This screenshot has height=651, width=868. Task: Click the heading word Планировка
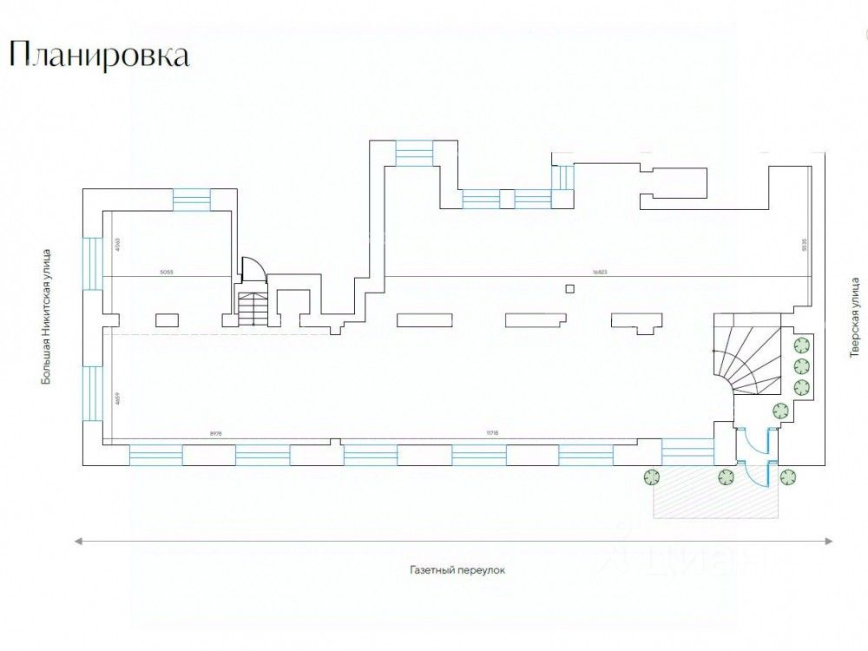98,56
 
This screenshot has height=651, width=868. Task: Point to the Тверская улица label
854,318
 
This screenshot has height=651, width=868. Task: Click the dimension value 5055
168,272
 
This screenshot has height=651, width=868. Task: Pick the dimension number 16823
599,272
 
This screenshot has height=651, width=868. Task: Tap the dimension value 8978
217,431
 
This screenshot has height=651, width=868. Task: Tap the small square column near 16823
569,289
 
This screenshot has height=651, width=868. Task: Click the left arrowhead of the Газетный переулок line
78,542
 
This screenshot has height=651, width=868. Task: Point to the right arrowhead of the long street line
830,542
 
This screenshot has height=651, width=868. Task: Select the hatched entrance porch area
712,502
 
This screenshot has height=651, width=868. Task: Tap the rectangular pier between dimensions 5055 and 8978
168,319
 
